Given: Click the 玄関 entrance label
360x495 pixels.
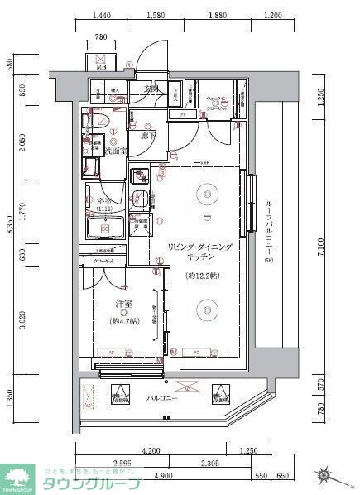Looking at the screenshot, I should pos(152,89).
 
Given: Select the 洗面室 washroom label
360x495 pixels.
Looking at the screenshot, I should pos(113,151).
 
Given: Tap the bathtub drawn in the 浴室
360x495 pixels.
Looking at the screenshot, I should pos(103,228).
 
